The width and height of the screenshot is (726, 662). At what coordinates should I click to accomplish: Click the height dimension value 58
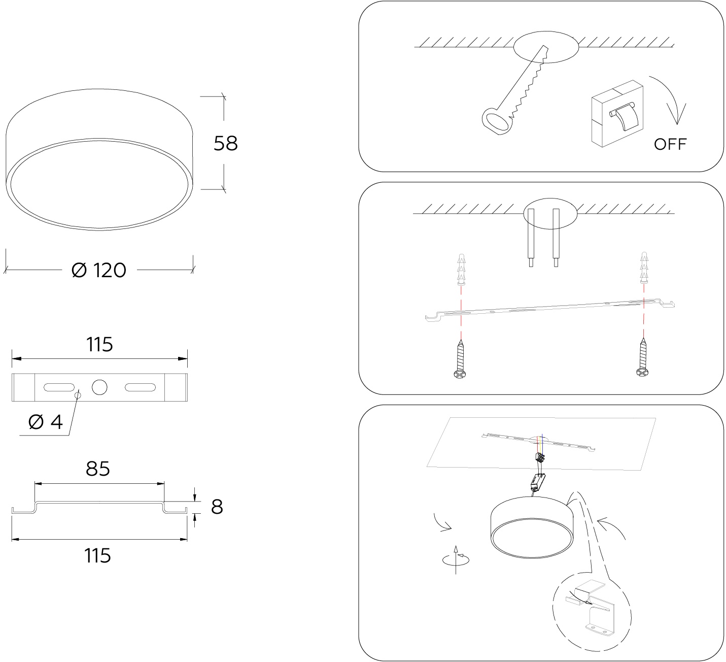[x=225, y=143]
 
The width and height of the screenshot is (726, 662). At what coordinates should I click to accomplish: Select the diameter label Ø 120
[x=99, y=270]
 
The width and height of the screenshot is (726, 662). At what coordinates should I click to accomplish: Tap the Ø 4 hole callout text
[x=46, y=422]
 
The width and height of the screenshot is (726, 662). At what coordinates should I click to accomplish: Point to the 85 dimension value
[x=98, y=469]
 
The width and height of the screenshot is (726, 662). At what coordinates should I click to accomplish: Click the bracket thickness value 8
[x=217, y=507]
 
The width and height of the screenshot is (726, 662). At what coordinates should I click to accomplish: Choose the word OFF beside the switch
[x=670, y=144]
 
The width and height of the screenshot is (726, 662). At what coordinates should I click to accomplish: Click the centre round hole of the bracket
[x=99, y=387]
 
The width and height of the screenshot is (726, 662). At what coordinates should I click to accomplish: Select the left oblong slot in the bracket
[x=59, y=387]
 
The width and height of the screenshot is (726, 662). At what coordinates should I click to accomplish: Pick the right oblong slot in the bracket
[x=140, y=387]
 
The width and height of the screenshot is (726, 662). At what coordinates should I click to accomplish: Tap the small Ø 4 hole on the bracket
[x=78, y=395]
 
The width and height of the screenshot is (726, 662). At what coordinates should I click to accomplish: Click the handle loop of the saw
[x=497, y=121]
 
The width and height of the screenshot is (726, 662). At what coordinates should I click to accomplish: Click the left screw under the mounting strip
[x=460, y=359]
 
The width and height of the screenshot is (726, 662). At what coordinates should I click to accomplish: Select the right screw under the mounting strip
[x=642, y=358]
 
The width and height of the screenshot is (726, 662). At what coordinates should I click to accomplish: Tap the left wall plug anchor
[x=461, y=270]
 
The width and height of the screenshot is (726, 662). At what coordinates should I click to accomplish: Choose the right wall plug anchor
[x=644, y=268]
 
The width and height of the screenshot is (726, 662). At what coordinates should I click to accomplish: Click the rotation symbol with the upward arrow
[x=456, y=559]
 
